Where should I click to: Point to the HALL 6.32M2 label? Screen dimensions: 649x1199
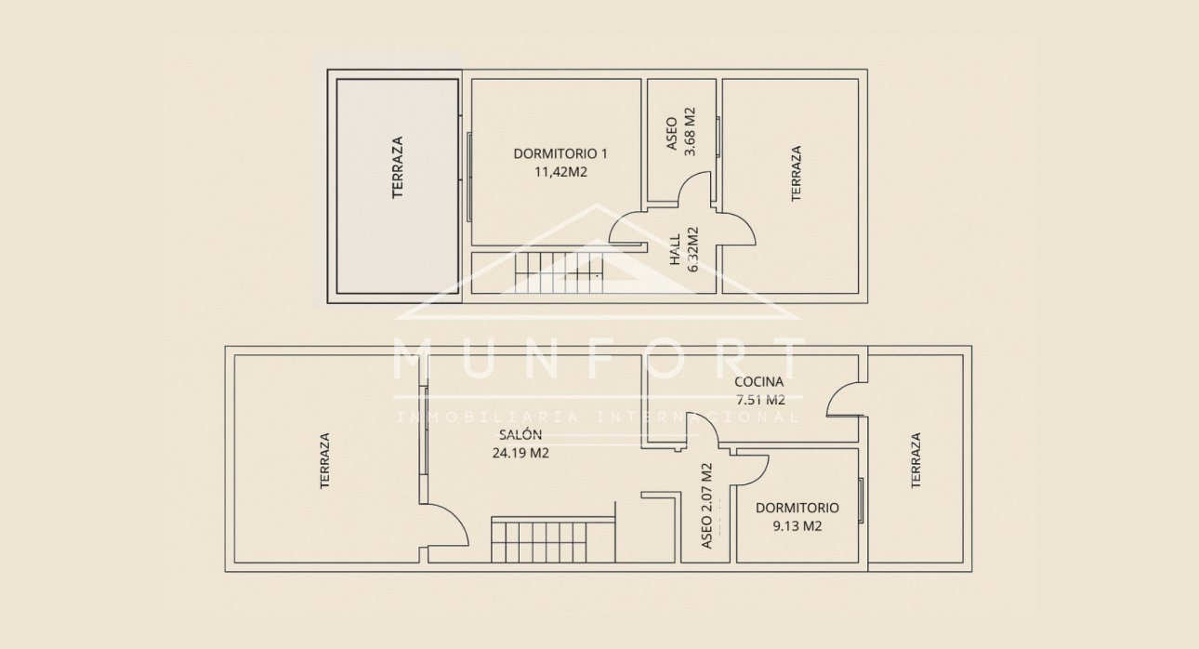point(683,249)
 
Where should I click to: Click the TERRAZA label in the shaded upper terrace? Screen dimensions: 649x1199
point(398,167)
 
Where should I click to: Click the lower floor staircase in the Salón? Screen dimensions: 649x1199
point(553,540)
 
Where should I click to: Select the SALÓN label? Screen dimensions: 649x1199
point(520,434)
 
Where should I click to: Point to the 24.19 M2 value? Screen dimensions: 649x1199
point(520,454)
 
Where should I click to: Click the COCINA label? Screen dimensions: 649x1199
point(758,381)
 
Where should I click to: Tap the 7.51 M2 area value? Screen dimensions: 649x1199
point(760,400)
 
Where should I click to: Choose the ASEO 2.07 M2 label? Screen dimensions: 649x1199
point(707,506)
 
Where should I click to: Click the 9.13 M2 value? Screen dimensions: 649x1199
point(797,525)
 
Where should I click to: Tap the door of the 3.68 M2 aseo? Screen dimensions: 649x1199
point(694,192)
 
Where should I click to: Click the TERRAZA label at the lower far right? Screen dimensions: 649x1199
point(916,459)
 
